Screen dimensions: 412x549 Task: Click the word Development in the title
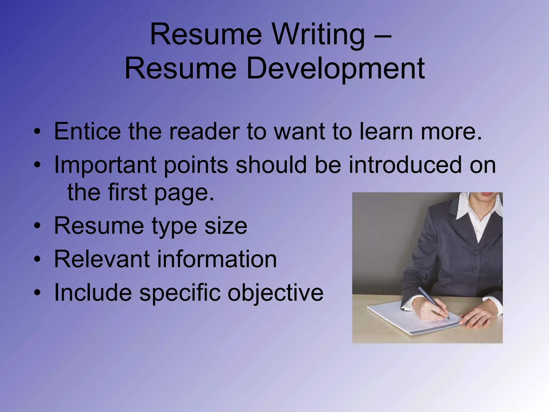click(x=335, y=68)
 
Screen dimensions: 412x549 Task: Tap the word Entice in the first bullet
click(x=87, y=131)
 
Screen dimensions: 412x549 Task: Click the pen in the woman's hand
click(x=433, y=302)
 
